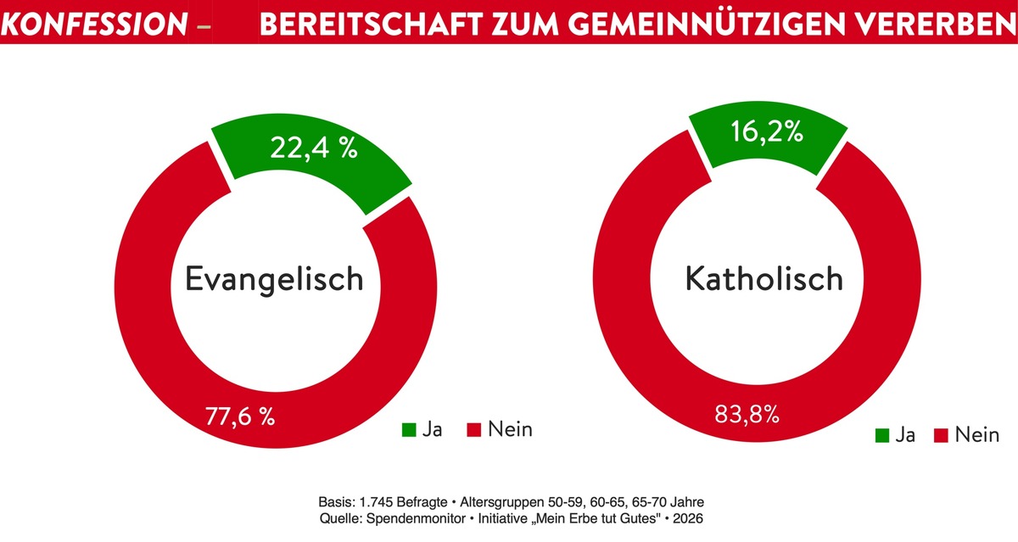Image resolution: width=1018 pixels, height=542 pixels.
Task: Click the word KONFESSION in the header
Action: (x=94, y=25)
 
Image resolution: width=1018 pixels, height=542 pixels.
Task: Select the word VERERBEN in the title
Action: (x=924, y=25)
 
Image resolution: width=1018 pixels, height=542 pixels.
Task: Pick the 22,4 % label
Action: (x=314, y=148)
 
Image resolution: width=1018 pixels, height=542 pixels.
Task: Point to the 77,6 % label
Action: (x=240, y=416)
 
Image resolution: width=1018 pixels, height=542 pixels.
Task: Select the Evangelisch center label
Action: (x=274, y=278)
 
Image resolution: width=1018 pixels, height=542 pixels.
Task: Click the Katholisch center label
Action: (x=764, y=278)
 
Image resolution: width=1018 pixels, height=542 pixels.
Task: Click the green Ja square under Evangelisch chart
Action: (x=409, y=430)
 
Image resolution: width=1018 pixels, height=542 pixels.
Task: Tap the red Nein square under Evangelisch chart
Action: (x=474, y=430)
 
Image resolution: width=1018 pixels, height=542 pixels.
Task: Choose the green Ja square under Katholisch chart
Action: (x=882, y=436)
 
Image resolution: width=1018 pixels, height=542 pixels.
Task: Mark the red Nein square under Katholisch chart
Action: (x=940, y=436)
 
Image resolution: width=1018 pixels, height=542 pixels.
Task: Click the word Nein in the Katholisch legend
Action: (x=976, y=435)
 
